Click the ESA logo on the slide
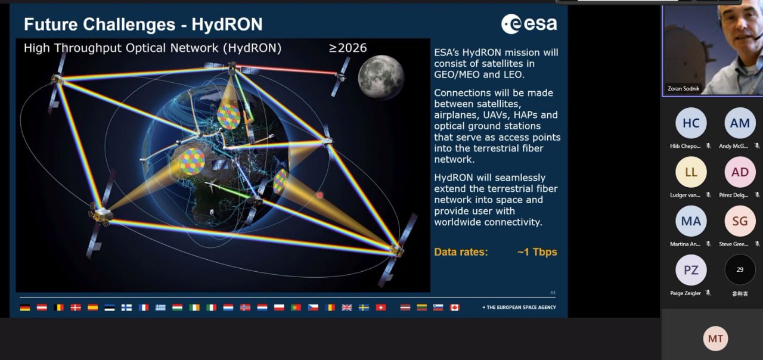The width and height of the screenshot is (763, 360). click(x=529, y=24)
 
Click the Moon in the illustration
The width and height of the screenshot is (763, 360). click(x=381, y=77)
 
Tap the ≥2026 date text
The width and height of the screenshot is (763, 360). click(x=348, y=48)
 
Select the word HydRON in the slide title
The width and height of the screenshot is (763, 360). click(x=227, y=24)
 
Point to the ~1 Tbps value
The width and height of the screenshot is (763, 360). click(x=537, y=252)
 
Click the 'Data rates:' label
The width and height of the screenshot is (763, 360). click(x=461, y=252)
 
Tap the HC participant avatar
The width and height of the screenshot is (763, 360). click(x=691, y=123)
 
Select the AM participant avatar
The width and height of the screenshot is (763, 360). click(x=740, y=123)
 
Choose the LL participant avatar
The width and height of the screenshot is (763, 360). click(x=691, y=172)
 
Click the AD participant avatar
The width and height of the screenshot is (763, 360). click(x=740, y=172)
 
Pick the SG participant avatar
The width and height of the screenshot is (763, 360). click(x=740, y=221)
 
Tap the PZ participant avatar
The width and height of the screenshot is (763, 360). click(x=691, y=270)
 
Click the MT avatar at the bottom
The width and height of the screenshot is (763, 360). click(x=715, y=339)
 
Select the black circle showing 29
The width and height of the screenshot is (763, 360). click(x=740, y=270)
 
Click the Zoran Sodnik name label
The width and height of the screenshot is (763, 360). click(x=683, y=89)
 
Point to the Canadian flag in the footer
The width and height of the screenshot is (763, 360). click(x=455, y=308)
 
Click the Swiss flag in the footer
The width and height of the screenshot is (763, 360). click(x=380, y=308)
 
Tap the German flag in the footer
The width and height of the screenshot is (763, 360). click(x=25, y=308)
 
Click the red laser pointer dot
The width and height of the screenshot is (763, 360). click(x=320, y=195)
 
